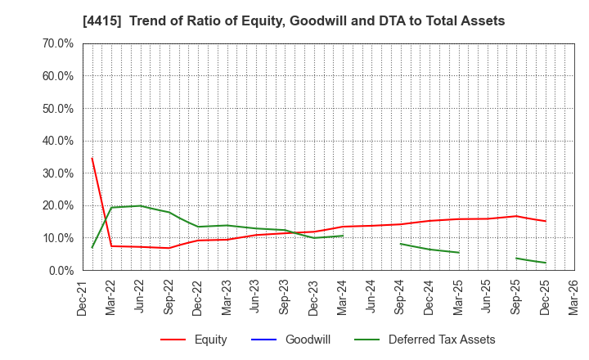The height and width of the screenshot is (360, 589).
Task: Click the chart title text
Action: [x=294, y=21]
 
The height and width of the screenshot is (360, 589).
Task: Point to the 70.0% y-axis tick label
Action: [x=56, y=43]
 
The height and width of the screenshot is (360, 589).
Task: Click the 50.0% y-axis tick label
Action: [x=56, y=108]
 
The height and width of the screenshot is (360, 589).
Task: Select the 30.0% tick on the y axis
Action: [x=56, y=173]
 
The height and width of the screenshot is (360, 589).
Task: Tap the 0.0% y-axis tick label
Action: [x=59, y=270]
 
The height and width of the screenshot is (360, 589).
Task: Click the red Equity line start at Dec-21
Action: [x=92, y=159]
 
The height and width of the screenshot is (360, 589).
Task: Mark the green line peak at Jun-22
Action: [x=141, y=205]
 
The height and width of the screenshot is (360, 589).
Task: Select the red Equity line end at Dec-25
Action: [x=546, y=221]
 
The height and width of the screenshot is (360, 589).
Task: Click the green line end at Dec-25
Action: [x=546, y=263]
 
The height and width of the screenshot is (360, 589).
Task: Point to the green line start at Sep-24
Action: [x=401, y=244]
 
